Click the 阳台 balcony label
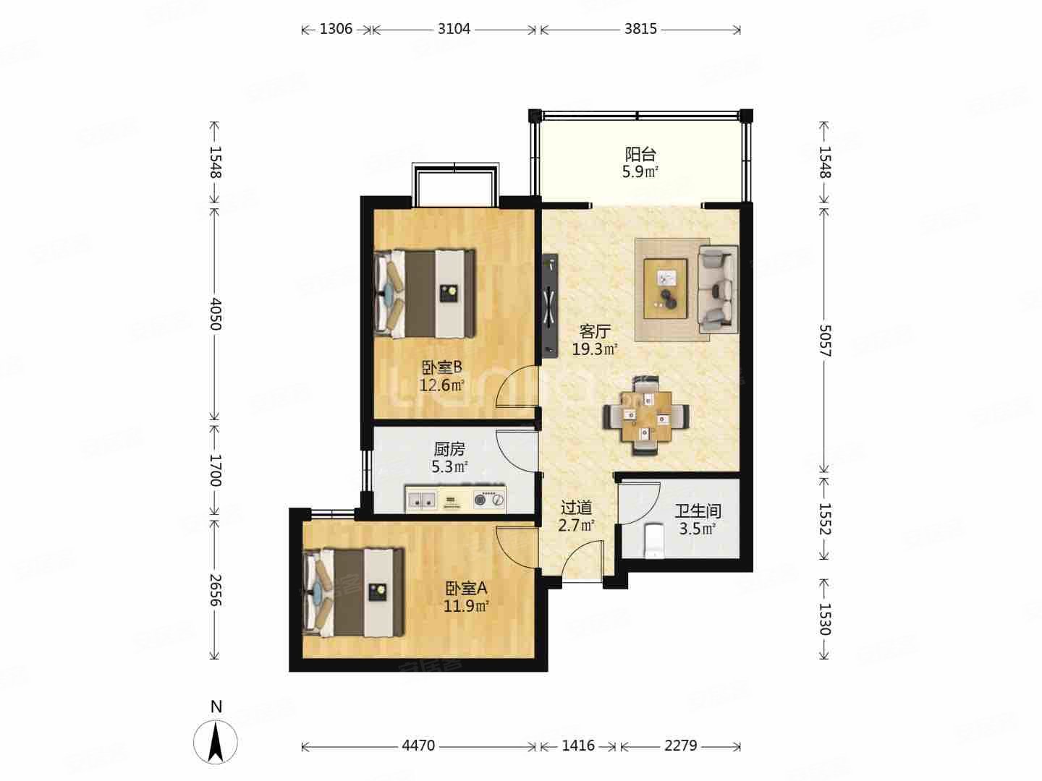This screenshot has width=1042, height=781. (x=640, y=154)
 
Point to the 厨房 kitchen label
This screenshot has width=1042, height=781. (x=449, y=448)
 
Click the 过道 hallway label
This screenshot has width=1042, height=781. (x=576, y=508)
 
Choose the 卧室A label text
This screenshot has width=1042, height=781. (x=466, y=589)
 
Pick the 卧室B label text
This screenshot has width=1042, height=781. (x=442, y=367)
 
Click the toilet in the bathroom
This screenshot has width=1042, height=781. (x=655, y=540)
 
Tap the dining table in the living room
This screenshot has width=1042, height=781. (x=647, y=416)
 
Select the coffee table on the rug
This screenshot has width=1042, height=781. (x=665, y=289)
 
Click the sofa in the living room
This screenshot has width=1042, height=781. (x=718, y=289)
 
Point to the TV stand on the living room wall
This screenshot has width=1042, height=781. (x=550, y=305)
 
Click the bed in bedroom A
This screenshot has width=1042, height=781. (x=354, y=592)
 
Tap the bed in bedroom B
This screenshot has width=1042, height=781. (x=425, y=294)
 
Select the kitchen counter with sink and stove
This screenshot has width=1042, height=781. (x=455, y=498)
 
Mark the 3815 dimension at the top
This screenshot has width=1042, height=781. (x=640, y=30)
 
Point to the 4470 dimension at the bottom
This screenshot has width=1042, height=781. (x=418, y=746)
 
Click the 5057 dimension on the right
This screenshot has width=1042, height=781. (x=825, y=341)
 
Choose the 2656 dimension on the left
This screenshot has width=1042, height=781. (x=215, y=590)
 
